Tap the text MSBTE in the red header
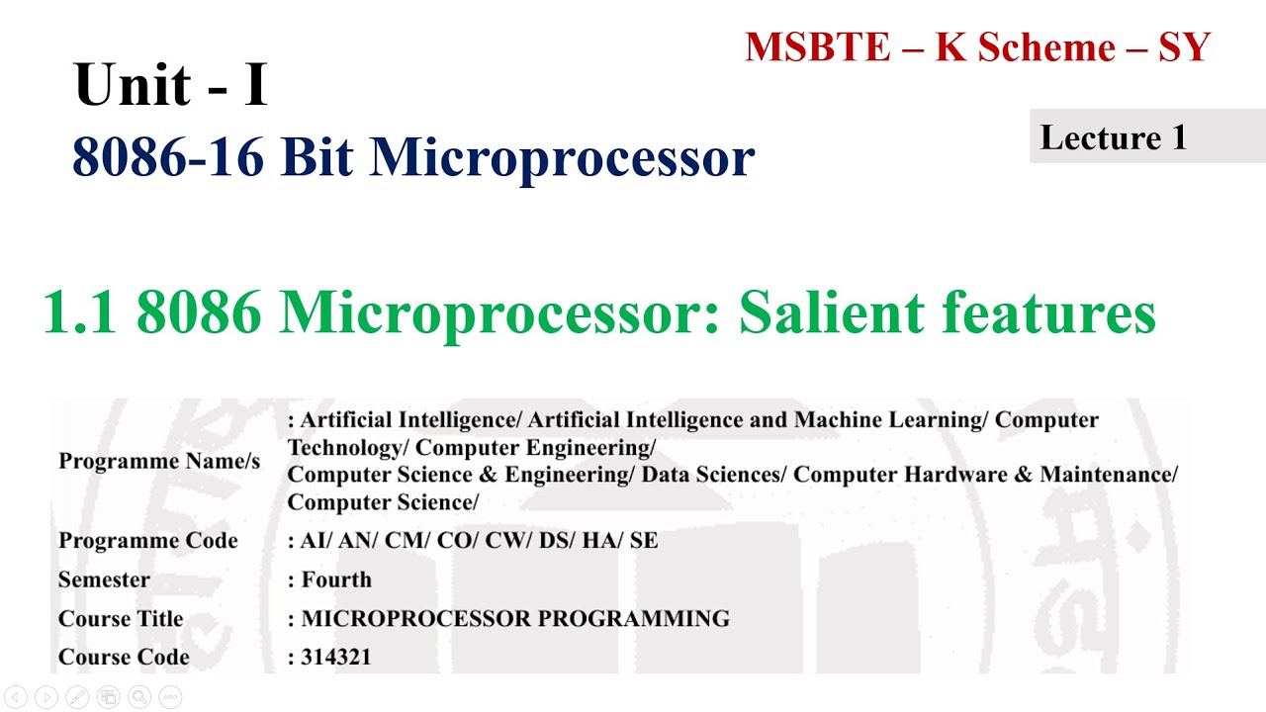pos(817,47)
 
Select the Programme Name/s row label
pos(159,461)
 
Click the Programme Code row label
pos(148,541)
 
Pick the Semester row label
pos(104,579)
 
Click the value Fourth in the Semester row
pos(336,579)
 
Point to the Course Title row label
pos(121,619)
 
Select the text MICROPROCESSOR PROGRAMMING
pos(515,619)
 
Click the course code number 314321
pos(336,657)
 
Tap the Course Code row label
pos(124,657)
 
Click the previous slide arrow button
pos(14,696)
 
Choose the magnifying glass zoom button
pos(138,696)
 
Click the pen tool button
pos(76,696)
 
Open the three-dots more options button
pos(169,696)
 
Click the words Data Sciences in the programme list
pos(712,475)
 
